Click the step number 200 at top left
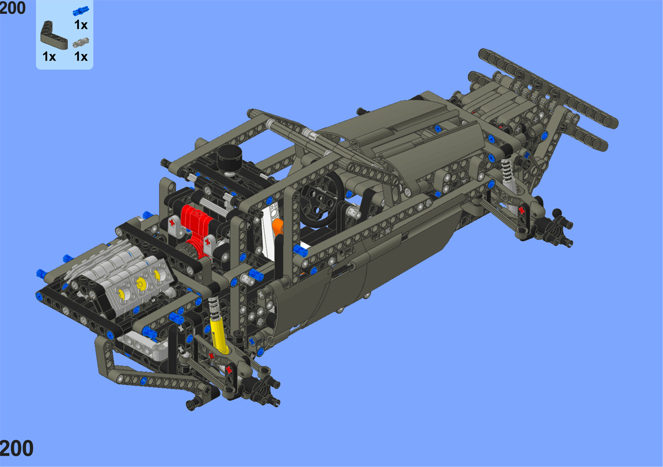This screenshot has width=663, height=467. [13, 8]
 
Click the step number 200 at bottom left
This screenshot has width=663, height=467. [16, 448]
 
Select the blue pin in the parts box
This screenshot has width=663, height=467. [81, 11]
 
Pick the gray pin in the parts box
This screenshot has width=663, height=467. [81, 43]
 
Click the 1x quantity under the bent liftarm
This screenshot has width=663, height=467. [49, 56]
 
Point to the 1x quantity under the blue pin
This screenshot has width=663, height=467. [81, 25]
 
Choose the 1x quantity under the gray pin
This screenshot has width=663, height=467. [81, 56]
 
